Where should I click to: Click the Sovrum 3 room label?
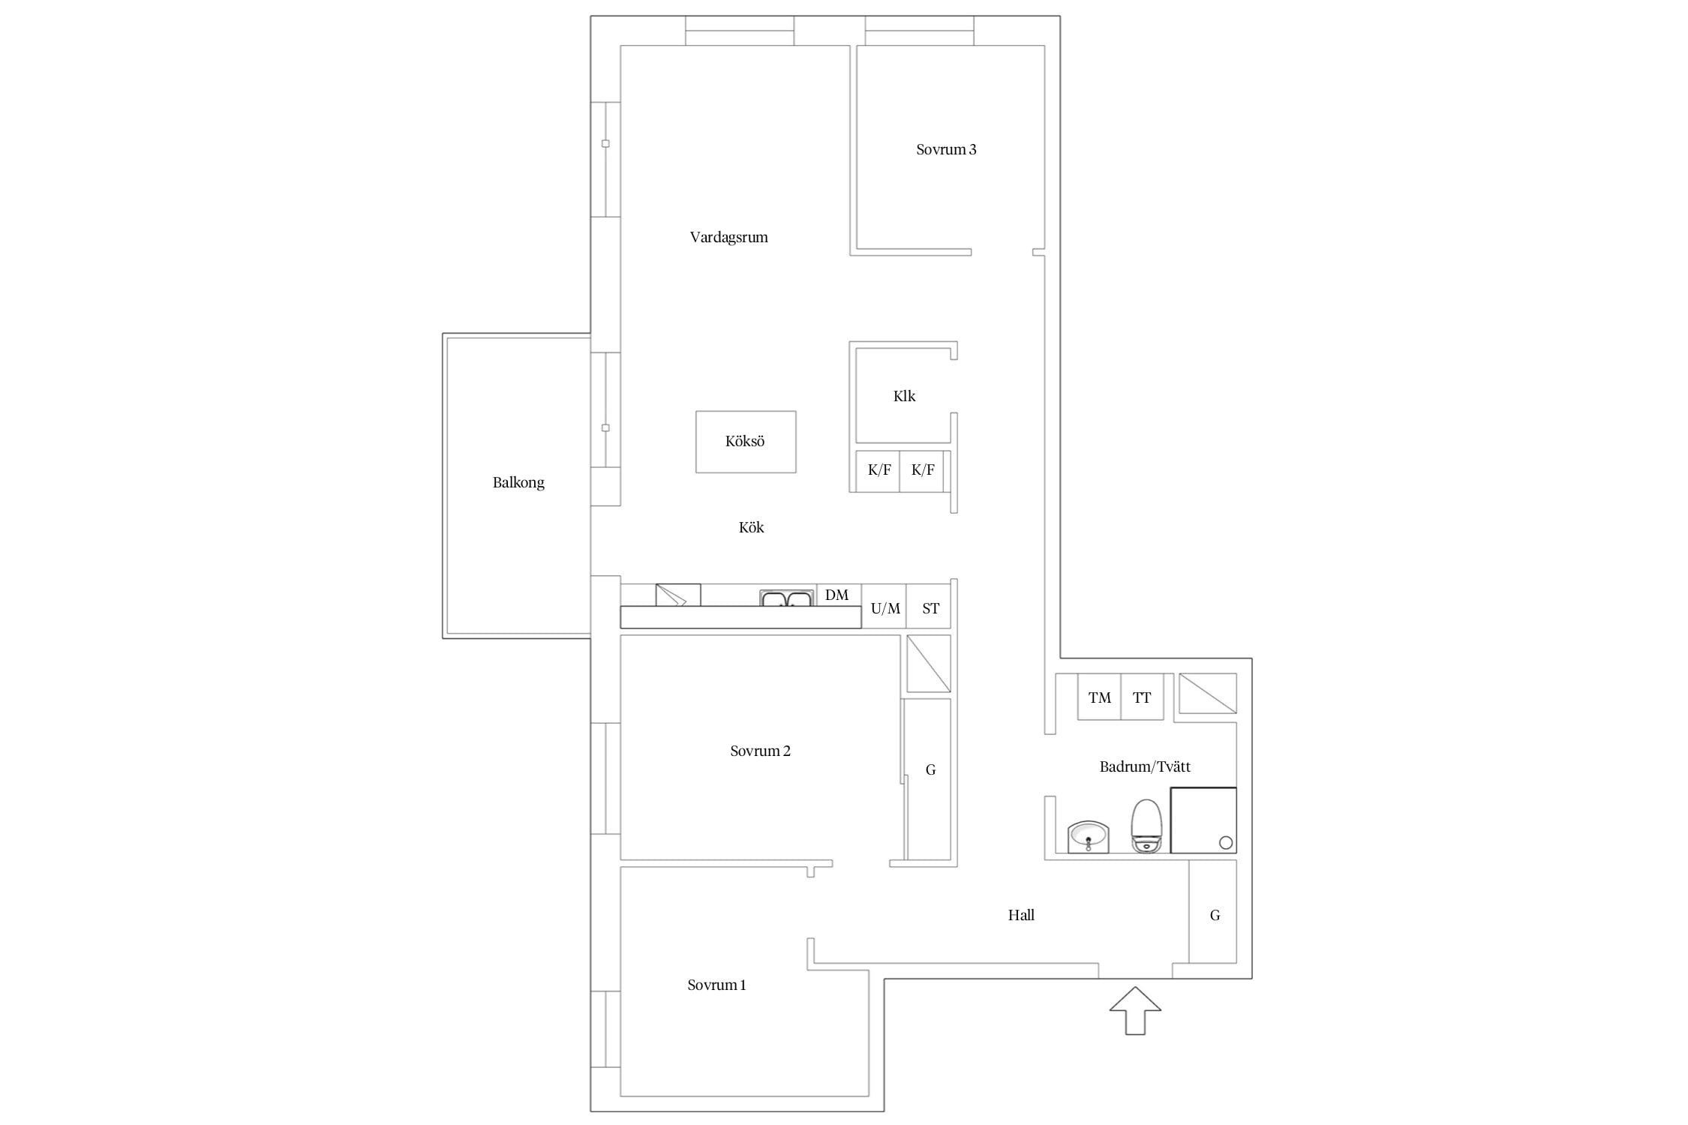(x=946, y=149)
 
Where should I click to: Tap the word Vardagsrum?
(x=728, y=238)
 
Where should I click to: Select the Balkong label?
(x=518, y=482)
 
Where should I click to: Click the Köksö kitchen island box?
(x=746, y=442)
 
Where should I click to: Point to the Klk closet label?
(x=904, y=396)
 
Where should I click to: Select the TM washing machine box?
(x=1099, y=697)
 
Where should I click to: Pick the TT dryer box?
(x=1142, y=697)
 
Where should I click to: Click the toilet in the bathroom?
(x=1146, y=826)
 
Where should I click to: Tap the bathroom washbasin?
(x=1089, y=837)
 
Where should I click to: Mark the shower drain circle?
(x=1226, y=842)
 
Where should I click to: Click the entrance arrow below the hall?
(x=1135, y=1011)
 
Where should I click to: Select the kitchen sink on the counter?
(x=786, y=598)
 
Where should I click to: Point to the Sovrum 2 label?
(x=760, y=751)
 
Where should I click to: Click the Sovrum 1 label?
(x=716, y=985)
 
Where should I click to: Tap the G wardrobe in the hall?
(x=1213, y=911)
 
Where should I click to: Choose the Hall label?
(x=1021, y=915)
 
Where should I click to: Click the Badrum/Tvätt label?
(x=1145, y=766)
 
